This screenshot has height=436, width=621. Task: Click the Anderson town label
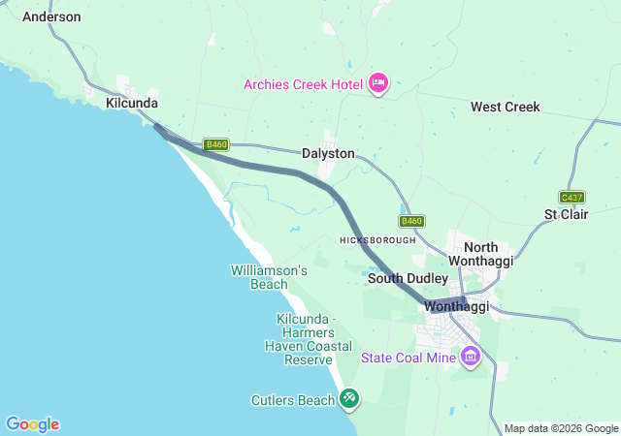point(51,16)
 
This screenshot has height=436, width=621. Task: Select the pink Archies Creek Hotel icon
point(379,83)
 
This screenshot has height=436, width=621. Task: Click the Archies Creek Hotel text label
point(303,83)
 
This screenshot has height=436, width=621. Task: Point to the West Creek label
point(505,107)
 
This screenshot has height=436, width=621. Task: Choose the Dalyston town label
point(328,153)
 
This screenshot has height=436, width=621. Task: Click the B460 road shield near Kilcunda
point(216,144)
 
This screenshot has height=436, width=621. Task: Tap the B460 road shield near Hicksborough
point(412,221)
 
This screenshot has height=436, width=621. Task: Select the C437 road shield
point(572,197)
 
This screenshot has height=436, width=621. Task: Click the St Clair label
point(564,213)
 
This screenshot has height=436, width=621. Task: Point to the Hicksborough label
point(377,239)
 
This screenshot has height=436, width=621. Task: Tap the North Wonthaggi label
point(488,254)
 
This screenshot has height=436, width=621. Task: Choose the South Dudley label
point(408,278)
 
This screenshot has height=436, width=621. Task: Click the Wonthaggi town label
point(456,307)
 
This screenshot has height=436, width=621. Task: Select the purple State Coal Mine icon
point(471,358)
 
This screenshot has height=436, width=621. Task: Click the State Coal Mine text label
point(408,358)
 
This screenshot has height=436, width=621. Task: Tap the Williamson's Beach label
point(269,277)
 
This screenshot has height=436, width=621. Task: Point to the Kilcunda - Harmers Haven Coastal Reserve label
point(306,339)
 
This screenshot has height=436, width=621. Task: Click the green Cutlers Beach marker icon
point(349,397)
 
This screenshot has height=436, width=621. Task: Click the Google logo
point(32,424)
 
